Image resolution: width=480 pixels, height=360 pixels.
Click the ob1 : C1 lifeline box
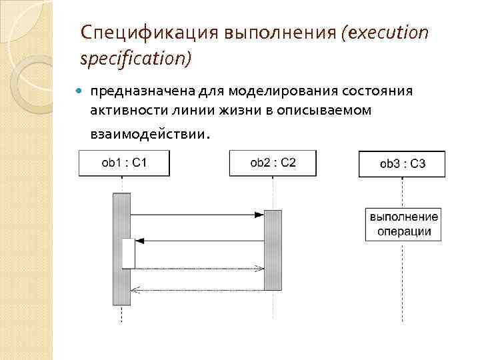click(x=123, y=163)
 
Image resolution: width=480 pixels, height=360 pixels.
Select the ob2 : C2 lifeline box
click(x=273, y=163)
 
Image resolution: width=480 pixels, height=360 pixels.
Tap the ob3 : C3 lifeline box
click(x=402, y=164)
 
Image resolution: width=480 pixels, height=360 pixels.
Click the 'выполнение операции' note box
click(x=403, y=225)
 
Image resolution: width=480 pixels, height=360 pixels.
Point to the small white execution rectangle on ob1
click(x=128, y=253)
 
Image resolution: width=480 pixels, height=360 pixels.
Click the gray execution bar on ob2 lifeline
click(x=273, y=250)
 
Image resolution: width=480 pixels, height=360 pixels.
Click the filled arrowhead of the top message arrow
click(x=259, y=215)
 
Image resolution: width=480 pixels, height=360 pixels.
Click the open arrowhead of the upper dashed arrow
click(x=259, y=268)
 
